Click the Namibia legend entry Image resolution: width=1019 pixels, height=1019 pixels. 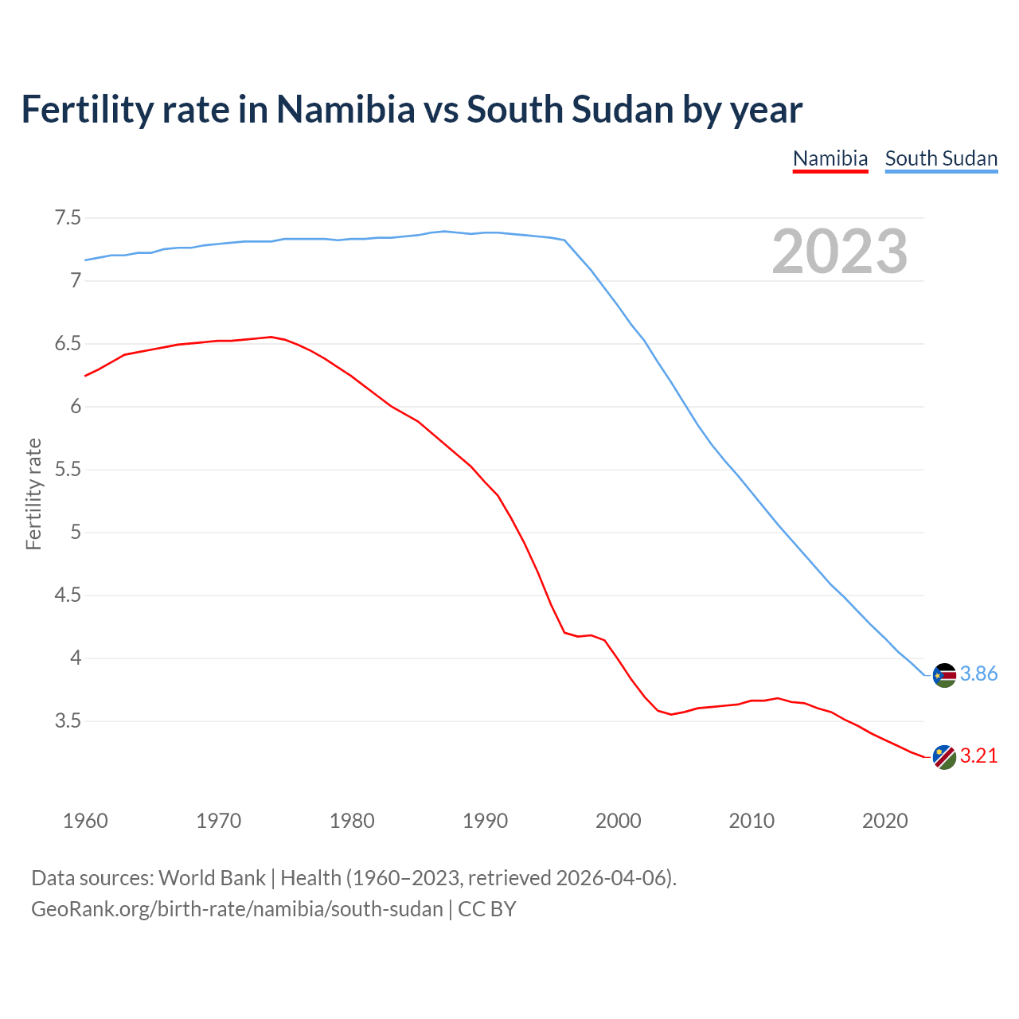(x=830, y=158)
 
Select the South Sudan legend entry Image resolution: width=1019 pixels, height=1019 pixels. (x=941, y=158)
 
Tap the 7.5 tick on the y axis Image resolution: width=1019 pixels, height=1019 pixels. (x=67, y=217)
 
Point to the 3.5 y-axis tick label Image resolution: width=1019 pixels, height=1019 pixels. (x=67, y=721)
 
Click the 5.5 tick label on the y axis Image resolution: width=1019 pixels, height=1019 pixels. (x=67, y=470)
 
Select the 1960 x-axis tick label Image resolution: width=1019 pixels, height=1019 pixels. (x=85, y=821)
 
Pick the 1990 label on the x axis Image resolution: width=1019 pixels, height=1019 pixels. (x=485, y=821)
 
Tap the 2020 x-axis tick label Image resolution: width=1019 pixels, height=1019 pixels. (x=884, y=821)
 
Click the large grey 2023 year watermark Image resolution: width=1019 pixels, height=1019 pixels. (x=839, y=252)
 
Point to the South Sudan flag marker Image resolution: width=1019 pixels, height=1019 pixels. (x=944, y=675)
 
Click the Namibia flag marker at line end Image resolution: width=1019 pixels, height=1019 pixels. (x=944, y=757)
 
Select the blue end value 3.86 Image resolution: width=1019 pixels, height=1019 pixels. (x=978, y=674)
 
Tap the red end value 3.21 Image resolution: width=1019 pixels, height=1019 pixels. (x=978, y=756)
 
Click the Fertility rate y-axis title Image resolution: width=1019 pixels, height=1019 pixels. (x=33, y=494)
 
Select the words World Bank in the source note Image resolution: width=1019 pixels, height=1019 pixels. (x=212, y=878)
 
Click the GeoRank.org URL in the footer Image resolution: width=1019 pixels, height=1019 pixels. (x=236, y=909)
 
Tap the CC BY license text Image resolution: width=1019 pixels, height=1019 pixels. (x=486, y=909)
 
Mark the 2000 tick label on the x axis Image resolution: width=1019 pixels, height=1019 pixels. (x=618, y=821)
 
